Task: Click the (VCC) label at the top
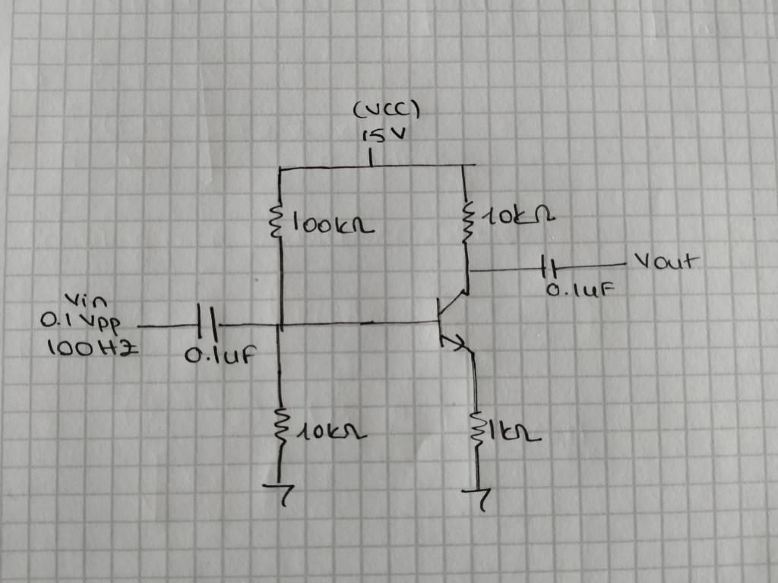coord(387,112)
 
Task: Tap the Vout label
coord(664,263)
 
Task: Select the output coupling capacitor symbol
coord(549,268)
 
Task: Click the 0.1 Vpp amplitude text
coord(84,322)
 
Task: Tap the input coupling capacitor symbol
coord(207,325)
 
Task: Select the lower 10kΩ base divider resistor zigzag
coord(281,426)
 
